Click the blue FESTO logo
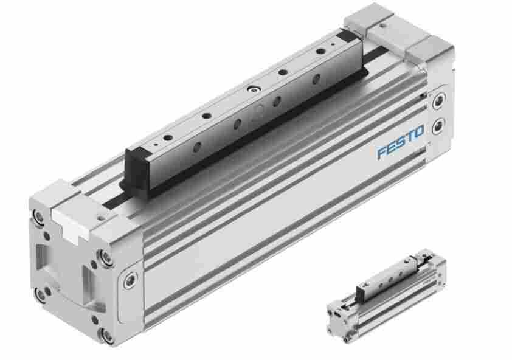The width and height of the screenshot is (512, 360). [401, 142]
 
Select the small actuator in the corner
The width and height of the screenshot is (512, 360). [386, 296]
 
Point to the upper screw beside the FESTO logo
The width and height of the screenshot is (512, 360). [438, 100]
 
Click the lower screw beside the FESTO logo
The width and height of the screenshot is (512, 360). [438, 126]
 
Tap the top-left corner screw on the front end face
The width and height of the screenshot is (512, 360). [38, 216]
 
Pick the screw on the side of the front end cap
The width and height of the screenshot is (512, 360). [131, 279]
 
